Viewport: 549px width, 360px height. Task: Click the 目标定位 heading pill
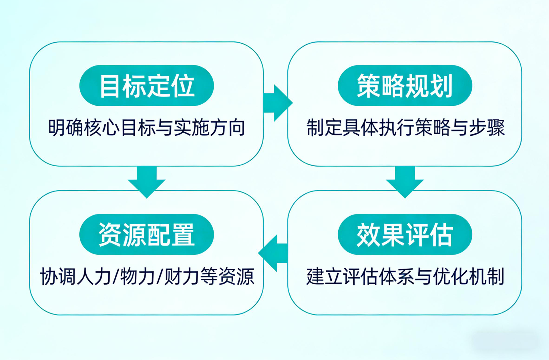147,85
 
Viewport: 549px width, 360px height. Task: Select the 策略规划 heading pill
405,85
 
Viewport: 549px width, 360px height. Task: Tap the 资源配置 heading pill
147,234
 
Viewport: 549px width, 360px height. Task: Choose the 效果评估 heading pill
405,234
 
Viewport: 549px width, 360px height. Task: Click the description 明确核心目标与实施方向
147,128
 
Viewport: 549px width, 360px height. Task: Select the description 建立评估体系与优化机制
405,277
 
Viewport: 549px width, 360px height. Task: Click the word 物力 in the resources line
138,277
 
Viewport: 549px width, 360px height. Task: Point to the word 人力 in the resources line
94,277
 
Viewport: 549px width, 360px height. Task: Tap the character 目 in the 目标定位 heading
110,86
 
